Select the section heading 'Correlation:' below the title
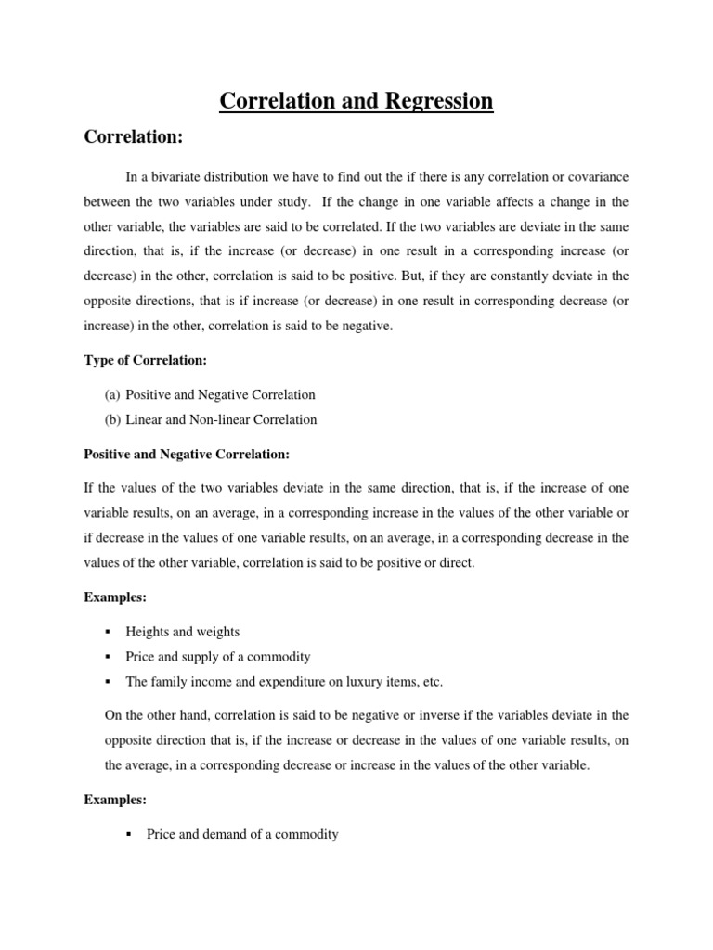pyautogui.click(x=134, y=137)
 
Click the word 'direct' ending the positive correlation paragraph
pyautogui.click(x=454, y=562)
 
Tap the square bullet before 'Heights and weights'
pyautogui.click(x=108, y=632)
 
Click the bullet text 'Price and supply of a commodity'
pyautogui.click(x=218, y=657)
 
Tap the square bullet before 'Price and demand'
pyautogui.click(x=129, y=834)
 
